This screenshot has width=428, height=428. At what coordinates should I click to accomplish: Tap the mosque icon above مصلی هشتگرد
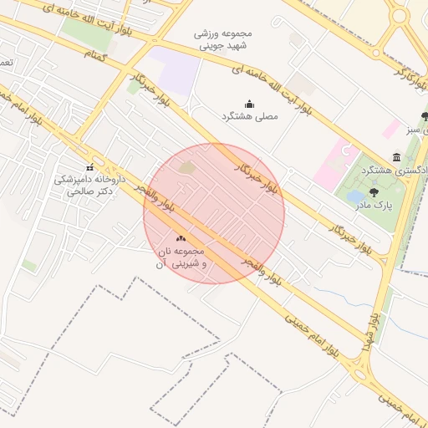pyautogui.click(x=249, y=104)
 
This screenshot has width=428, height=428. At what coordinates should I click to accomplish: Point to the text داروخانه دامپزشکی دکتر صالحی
pyautogui.click(x=89, y=185)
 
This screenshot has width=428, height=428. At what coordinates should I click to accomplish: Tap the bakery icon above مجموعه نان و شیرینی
pyautogui.click(x=181, y=238)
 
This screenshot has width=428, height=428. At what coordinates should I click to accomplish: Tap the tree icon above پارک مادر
pyautogui.click(x=373, y=192)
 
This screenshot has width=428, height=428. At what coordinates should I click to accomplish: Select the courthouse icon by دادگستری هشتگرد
pyautogui.click(x=396, y=157)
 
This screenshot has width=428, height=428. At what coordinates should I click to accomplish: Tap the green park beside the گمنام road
pyautogui.click(x=88, y=32)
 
